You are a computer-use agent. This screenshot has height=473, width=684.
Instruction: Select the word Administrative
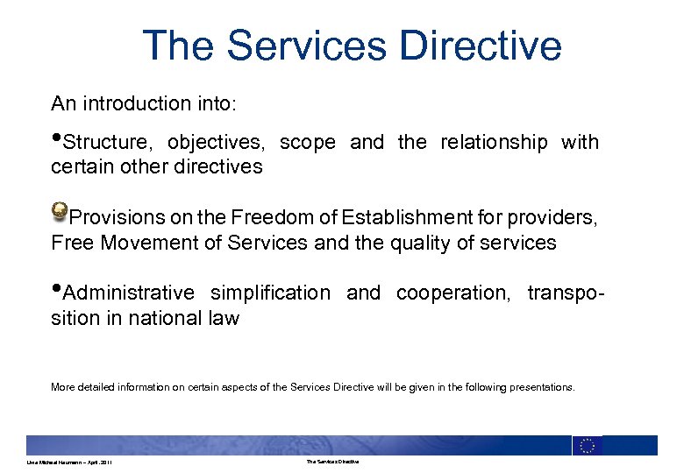pyautogui.click(x=129, y=293)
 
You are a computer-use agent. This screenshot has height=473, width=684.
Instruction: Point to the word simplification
pyautogui.click(x=269, y=293)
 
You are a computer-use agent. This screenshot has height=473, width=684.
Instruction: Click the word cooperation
pyautogui.click(x=452, y=293)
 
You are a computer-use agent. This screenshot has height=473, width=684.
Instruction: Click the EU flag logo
pyautogui.click(x=587, y=445)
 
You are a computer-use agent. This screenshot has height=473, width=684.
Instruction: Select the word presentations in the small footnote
pyautogui.click(x=542, y=385)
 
